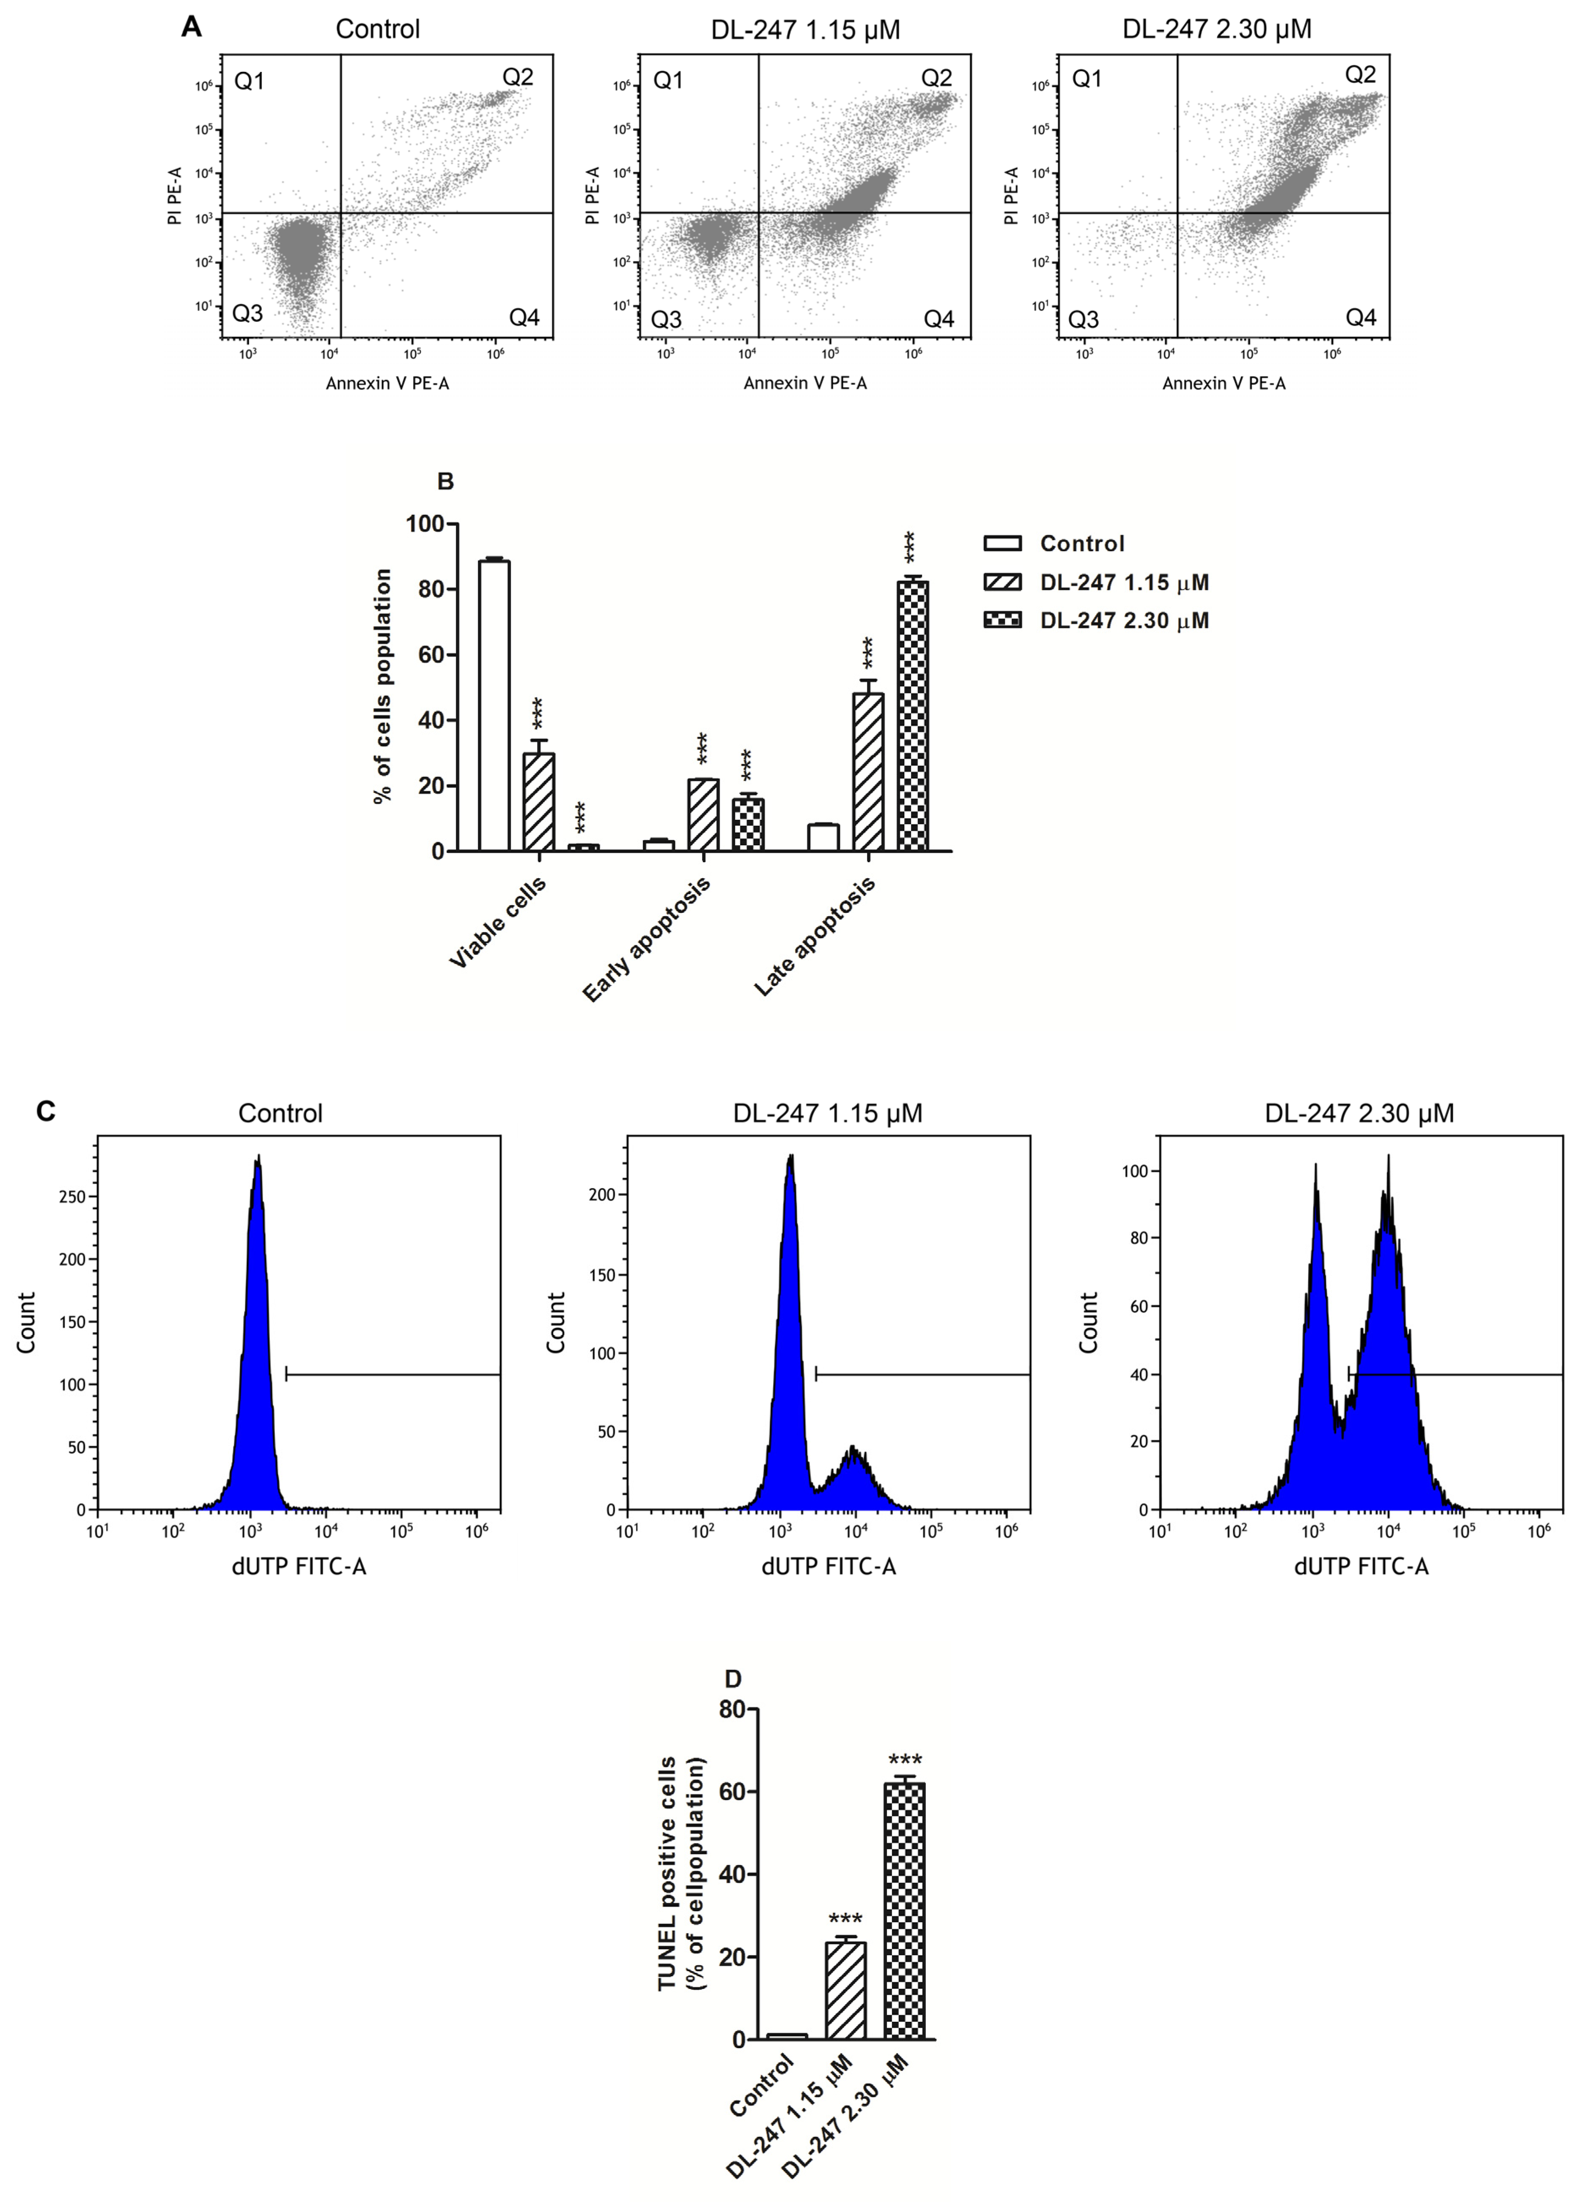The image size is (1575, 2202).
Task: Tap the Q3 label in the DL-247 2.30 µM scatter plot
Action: click(1083, 319)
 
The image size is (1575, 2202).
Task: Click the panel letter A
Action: click(192, 27)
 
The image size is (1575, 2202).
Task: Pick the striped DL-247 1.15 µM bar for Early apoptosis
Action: click(703, 814)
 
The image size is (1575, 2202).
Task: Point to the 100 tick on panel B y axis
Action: click(425, 525)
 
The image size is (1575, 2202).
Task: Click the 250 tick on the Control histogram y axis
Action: click(73, 1197)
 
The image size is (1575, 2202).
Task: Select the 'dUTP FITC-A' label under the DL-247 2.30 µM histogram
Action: click(1361, 1566)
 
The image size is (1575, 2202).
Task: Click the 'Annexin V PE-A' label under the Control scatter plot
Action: click(387, 383)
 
